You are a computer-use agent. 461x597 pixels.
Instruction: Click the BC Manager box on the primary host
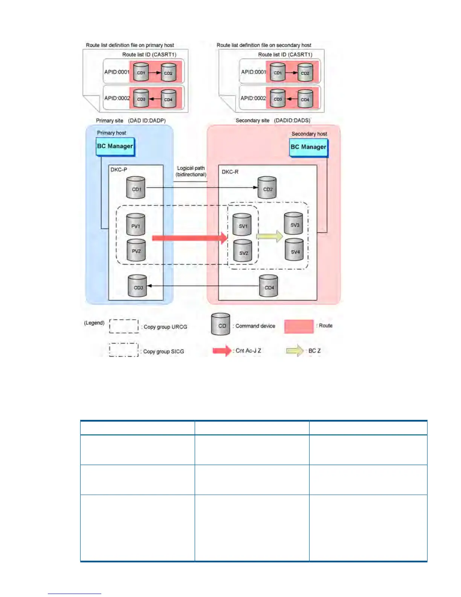(x=115, y=147)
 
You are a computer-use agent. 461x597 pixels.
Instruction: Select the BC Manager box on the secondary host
(x=308, y=147)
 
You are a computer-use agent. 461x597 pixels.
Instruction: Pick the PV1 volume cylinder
(x=136, y=225)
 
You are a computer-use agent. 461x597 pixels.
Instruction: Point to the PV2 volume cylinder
(x=136, y=250)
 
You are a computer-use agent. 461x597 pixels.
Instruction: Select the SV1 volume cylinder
(x=242, y=225)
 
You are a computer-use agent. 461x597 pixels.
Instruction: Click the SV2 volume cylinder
(x=243, y=252)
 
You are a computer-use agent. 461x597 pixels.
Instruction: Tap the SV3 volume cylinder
(x=294, y=224)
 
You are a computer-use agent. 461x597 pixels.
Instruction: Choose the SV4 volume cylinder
(x=295, y=251)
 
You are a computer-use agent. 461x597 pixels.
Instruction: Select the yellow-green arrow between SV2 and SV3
(x=269, y=236)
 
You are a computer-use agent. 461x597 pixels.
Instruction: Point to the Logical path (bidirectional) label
(x=191, y=171)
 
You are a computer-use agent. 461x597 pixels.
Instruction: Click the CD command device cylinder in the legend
(x=221, y=325)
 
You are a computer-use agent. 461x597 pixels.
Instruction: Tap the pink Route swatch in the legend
(x=299, y=326)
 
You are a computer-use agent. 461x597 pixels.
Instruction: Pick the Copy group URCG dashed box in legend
(x=124, y=326)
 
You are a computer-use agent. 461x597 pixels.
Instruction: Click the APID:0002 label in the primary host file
(x=117, y=98)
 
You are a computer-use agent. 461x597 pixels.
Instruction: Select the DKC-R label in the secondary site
(x=230, y=172)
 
